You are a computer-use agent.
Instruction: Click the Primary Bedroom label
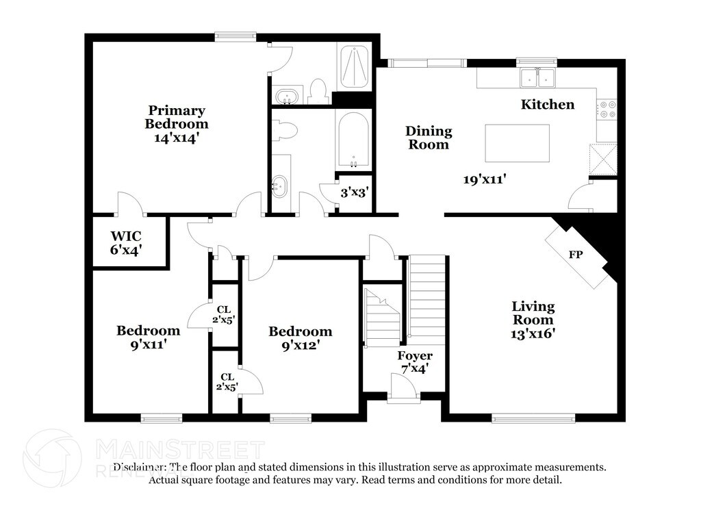pos(177,117)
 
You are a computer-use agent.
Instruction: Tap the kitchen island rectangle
pos(518,143)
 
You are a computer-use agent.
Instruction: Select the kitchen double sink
pos(537,78)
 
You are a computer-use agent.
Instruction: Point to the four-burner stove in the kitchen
pos(607,109)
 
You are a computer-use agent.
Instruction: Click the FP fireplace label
pos(575,255)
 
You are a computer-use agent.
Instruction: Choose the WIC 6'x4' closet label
pos(126,243)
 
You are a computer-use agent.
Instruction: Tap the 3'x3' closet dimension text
pos(354,192)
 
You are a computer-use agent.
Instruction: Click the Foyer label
pos(415,356)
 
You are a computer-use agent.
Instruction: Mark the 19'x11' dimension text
pos(485,179)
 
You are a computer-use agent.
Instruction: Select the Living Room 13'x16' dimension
pos(533,333)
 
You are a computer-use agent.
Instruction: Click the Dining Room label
pos(429,138)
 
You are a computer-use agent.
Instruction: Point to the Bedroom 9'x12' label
pos(301,338)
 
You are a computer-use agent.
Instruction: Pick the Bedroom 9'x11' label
pos(149,337)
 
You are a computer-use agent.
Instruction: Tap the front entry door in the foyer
pos(403,388)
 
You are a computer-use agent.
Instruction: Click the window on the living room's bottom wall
pos(533,418)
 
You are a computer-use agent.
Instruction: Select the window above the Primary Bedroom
pos(235,37)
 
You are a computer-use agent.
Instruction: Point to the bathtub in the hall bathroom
pos(353,140)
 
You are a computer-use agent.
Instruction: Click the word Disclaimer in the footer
pos(140,468)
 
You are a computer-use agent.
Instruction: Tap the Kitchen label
pos(548,105)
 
